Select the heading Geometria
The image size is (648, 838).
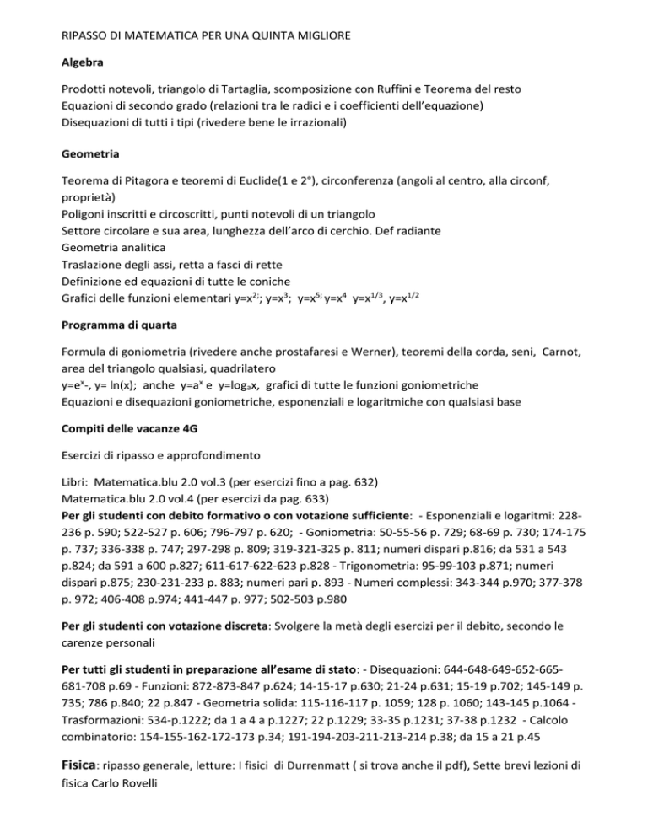click(x=94, y=156)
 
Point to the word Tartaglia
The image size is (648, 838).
click(x=247, y=89)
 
